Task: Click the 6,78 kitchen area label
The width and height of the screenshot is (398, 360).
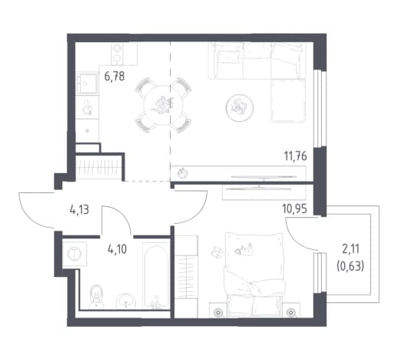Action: [114, 76]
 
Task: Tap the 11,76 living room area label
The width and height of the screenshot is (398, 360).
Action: [296, 156]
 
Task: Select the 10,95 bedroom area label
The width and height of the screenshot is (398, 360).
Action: [295, 209]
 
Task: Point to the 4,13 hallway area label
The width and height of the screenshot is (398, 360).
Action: [79, 210]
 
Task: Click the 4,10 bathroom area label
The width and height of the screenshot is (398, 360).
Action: [118, 249]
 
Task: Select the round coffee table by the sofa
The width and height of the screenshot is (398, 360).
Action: [240, 108]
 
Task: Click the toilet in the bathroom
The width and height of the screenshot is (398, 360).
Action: [96, 296]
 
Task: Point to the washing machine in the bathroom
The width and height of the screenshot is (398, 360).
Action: [75, 254]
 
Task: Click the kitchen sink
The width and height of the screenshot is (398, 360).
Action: [88, 83]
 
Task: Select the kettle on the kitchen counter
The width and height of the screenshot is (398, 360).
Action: [88, 108]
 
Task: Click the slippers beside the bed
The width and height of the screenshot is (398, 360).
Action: [217, 252]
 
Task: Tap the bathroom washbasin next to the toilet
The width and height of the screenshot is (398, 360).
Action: [126, 302]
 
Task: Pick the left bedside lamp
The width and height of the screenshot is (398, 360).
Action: [218, 312]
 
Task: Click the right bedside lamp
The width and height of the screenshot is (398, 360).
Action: [291, 312]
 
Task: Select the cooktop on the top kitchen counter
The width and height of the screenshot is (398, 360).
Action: [118, 54]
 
